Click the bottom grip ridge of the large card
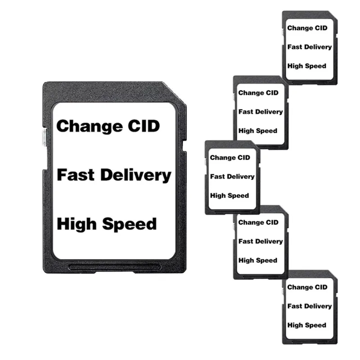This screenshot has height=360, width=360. pos(112,267)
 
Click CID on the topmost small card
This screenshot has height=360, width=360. pos(320,28)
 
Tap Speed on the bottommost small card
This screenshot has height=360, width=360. pos(316,325)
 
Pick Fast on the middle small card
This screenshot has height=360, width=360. pos(217,176)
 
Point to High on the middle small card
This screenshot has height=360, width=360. pos(217,196)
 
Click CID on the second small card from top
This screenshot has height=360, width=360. pos(271,93)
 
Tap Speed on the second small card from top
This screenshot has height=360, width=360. pos(267,131)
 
